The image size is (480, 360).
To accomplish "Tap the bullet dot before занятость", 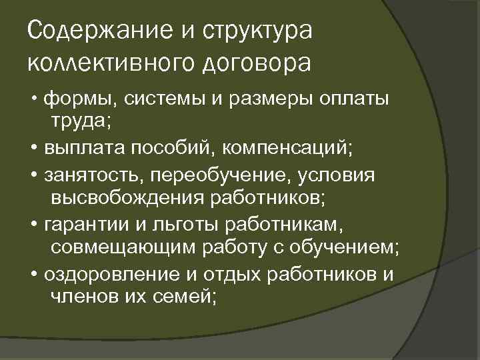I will click(x=34, y=175).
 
